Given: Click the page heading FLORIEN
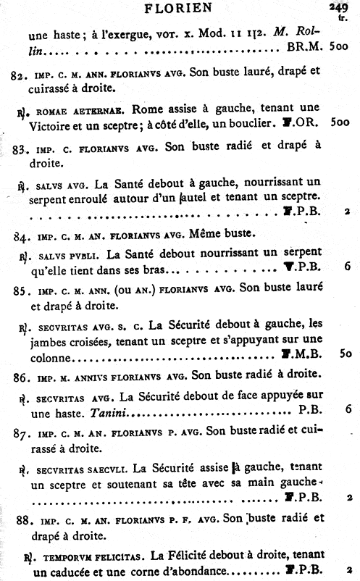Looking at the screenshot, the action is tap(177, 9).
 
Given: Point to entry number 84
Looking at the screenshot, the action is tap(23, 235).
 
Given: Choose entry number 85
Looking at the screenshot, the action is tap(22, 290).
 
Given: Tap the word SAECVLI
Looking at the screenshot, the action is tap(113, 468).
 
